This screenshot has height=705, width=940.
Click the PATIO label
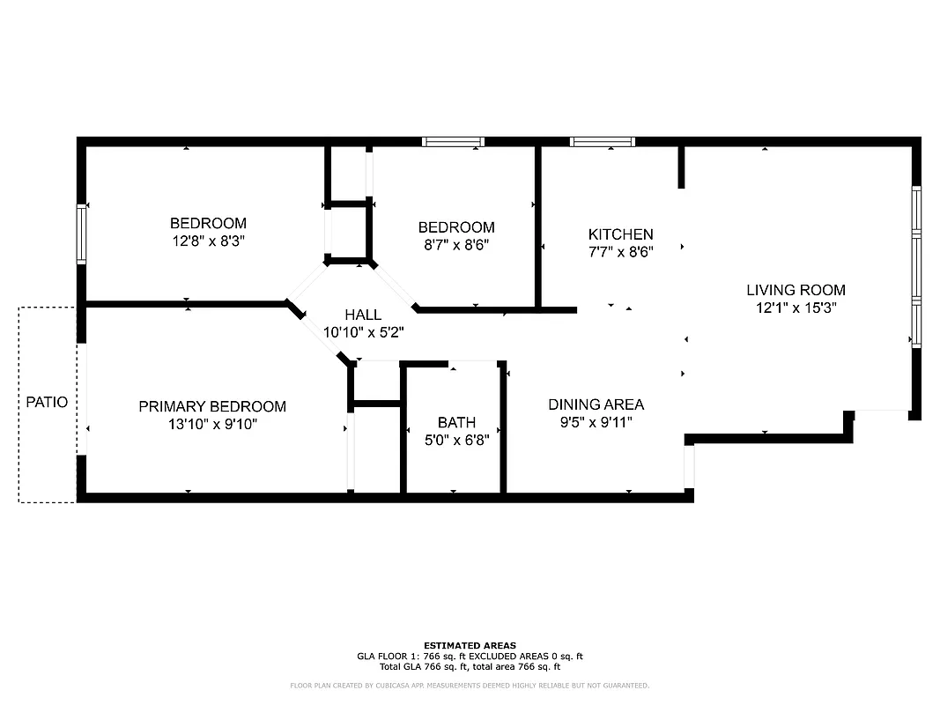47,402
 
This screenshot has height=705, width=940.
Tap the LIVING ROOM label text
796,290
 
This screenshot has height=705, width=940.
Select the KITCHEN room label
620,234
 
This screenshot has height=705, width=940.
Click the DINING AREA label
596,404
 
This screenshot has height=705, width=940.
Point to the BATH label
456,423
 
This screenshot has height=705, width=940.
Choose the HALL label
363,315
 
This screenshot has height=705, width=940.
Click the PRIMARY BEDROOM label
212,406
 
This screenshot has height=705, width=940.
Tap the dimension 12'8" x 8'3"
208,241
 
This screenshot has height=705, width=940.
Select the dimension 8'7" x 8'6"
455,244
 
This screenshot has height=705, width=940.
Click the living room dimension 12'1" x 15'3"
796,308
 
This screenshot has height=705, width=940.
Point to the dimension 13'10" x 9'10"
212,424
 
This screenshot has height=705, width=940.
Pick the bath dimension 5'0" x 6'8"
456,440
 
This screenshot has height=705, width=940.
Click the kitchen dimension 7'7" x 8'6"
620,252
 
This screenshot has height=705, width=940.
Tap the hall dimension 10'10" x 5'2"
363,332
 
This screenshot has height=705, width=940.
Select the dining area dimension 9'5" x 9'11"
596,422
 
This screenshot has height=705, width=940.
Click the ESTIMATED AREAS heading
470,645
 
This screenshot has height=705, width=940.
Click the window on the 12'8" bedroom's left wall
82,234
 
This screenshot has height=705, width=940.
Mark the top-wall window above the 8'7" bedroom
453,141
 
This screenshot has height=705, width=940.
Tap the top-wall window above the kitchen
603,141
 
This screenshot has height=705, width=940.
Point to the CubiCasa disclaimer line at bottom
470,685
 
